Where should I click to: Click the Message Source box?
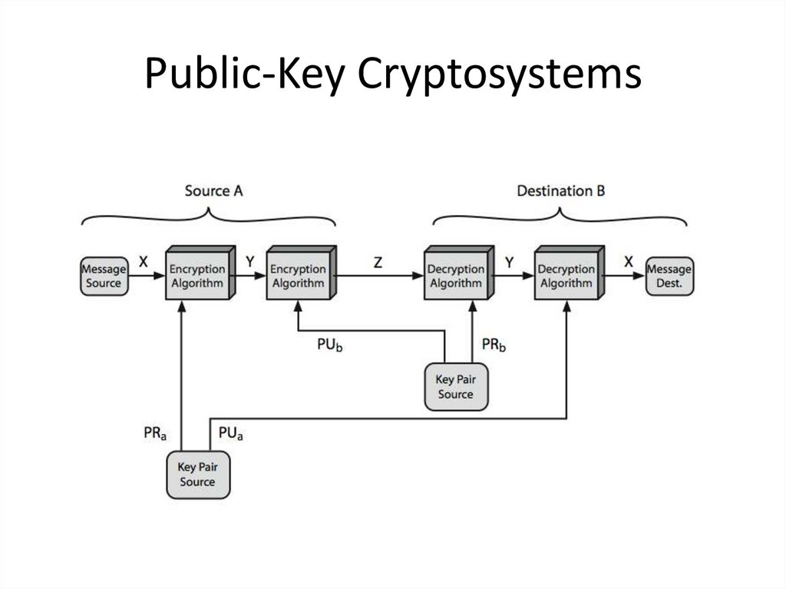click(x=104, y=276)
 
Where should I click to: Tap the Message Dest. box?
click(x=669, y=276)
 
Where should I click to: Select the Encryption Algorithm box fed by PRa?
click(x=200, y=273)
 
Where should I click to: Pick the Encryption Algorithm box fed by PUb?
click(x=301, y=273)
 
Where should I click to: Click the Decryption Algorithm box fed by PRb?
click(x=459, y=273)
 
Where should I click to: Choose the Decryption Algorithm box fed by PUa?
click(x=569, y=273)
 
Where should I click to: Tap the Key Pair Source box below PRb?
click(x=456, y=387)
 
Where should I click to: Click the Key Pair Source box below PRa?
click(x=198, y=475)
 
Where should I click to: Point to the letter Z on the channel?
click(x=378, y=263)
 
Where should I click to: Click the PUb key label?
click(x=330, y=345)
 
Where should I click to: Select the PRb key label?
click(x=494, y=345)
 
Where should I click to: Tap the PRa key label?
click(x=155, y=433)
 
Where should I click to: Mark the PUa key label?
click(x=230, y=433)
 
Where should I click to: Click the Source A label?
click(x=213, y=191)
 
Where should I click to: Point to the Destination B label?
click(x=561, y=191)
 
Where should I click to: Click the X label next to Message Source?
click(x=144, y=262)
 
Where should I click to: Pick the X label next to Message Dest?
click(x=629, y=262)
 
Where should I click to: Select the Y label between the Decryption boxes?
click(x=510, y=263)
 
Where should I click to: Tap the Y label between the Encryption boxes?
click(x=249, y=262)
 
